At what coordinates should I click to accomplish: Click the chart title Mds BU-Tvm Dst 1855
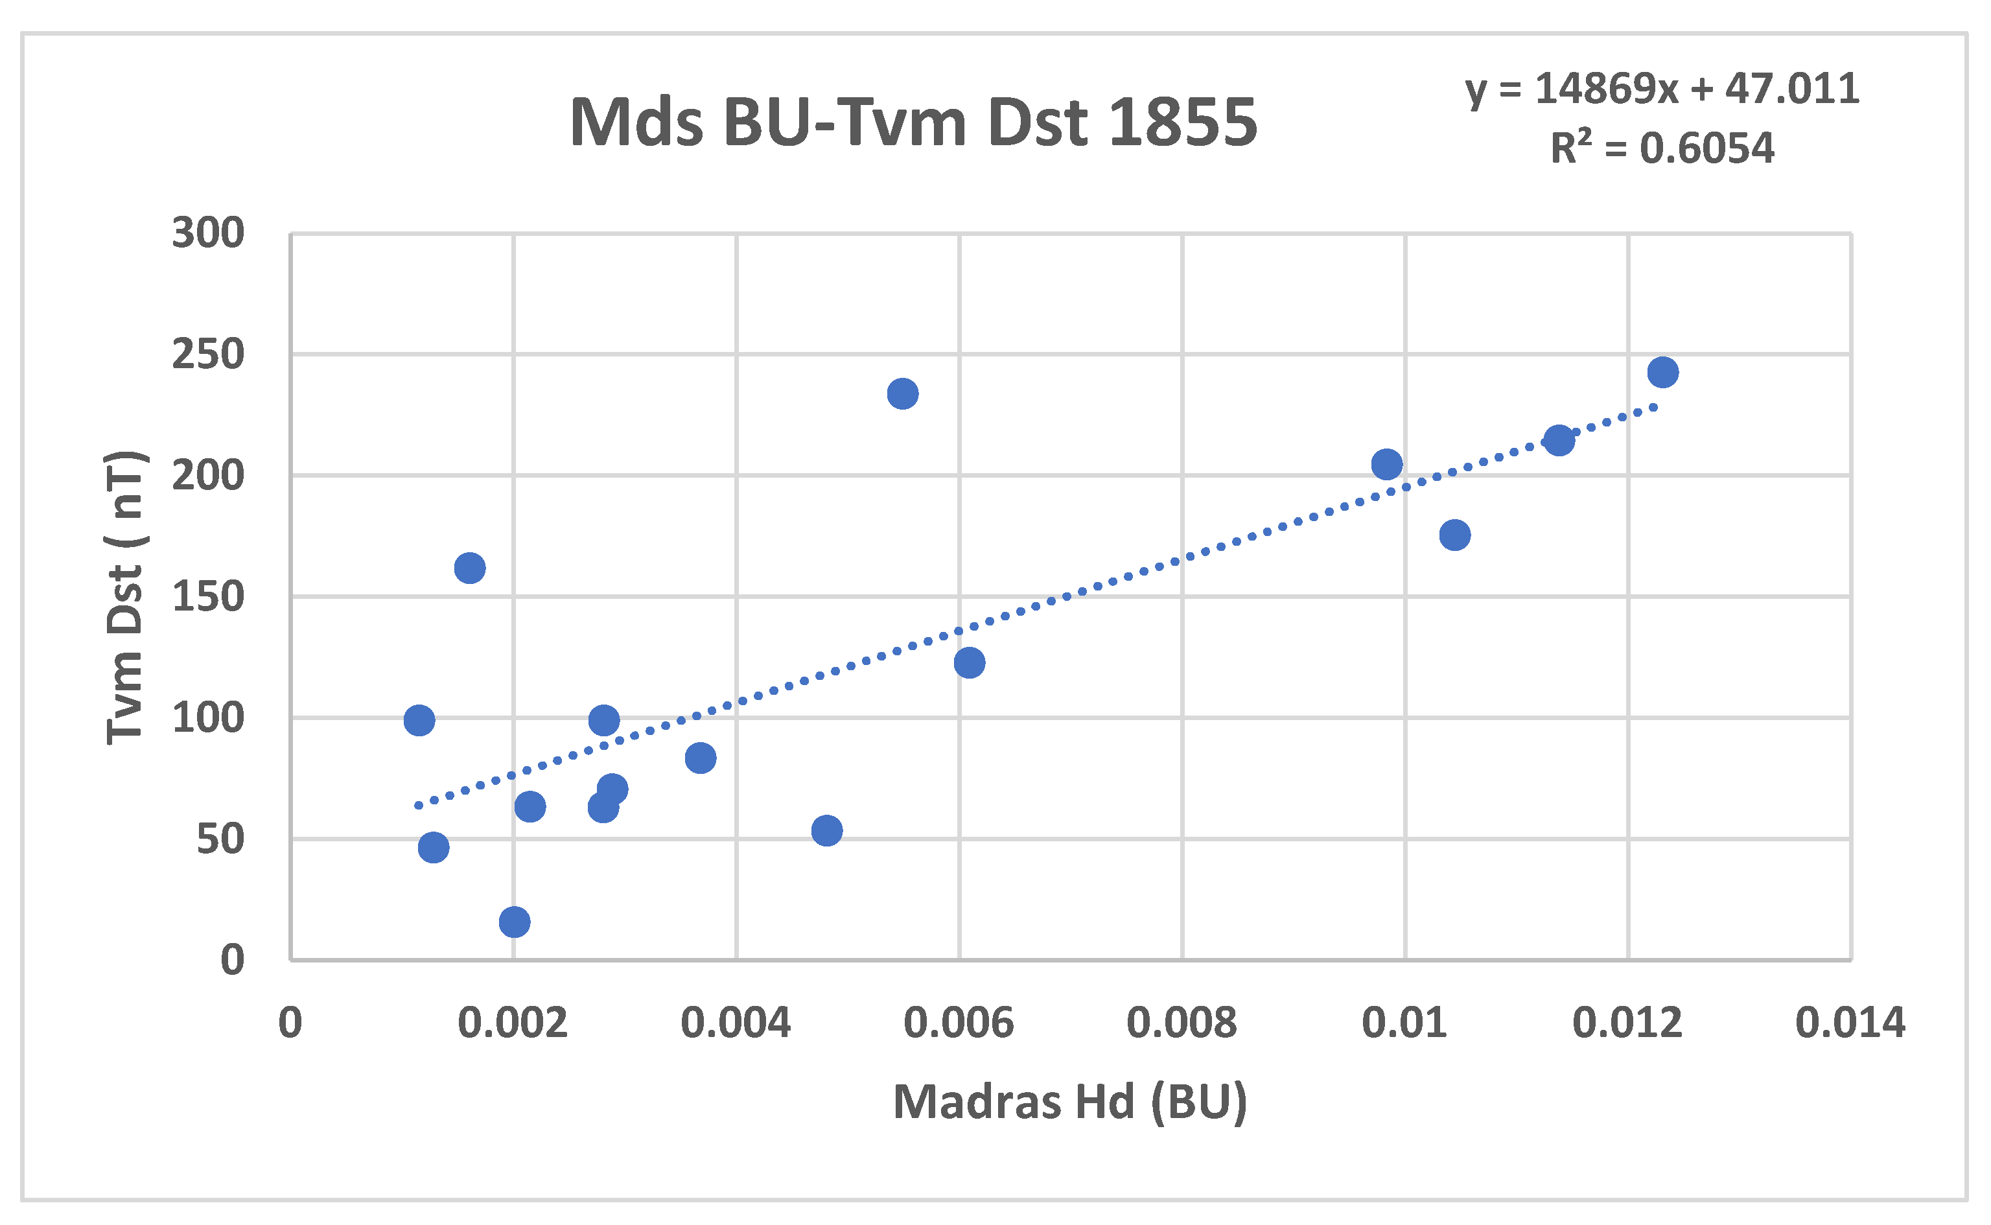tap(913, 122)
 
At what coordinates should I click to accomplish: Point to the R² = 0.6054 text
tap(1662, 148)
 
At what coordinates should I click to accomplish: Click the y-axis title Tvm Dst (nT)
tap(126, 597)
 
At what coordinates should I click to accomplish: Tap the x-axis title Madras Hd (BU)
tap(1070, 1102)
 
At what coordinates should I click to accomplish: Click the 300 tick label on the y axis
tap(208, 233)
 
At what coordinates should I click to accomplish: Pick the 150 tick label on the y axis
tap(208, 597)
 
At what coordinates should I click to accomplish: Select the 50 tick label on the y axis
tap(220, 839)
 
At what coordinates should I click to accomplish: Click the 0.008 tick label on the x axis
tap(1182, 1023)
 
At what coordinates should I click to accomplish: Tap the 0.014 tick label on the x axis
tap(1851, 1023)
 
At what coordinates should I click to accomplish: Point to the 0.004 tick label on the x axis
tap(736, 1023)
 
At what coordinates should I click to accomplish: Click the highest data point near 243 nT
tap(1663, 373)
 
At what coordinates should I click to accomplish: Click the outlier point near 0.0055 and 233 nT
tap(902, 394)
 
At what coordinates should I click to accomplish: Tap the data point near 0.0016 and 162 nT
tap(470, 568)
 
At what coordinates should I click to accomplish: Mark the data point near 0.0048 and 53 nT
tap(826, 830)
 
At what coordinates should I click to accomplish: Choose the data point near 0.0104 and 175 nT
tap(1455, 535)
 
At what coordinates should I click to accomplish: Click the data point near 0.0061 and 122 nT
tap(969, 662)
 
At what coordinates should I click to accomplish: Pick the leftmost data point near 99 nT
tap(419, 720)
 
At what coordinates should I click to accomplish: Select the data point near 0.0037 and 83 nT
tap(700, 758)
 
